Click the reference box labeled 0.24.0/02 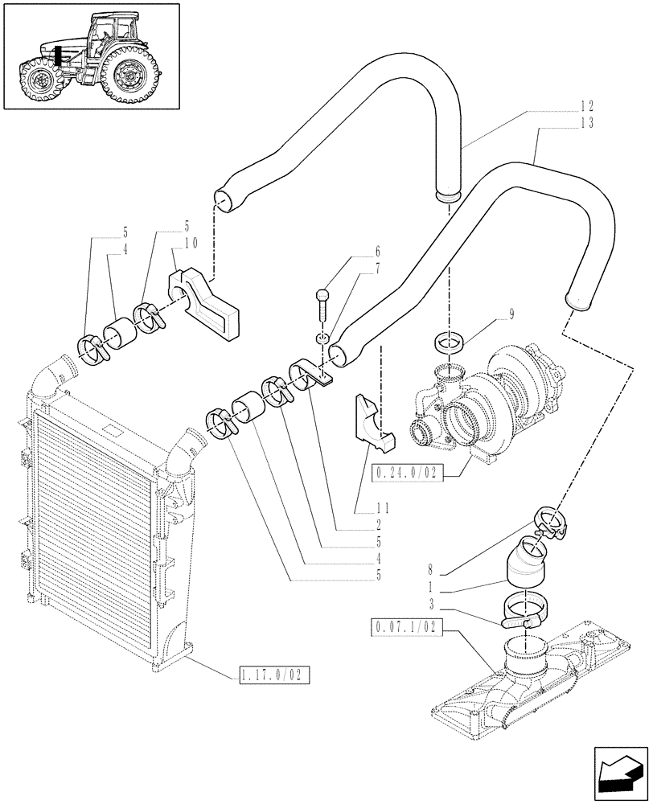(x=409, y=472)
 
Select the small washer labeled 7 (x=322, y=339)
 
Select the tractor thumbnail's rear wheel (x=127, y=75)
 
